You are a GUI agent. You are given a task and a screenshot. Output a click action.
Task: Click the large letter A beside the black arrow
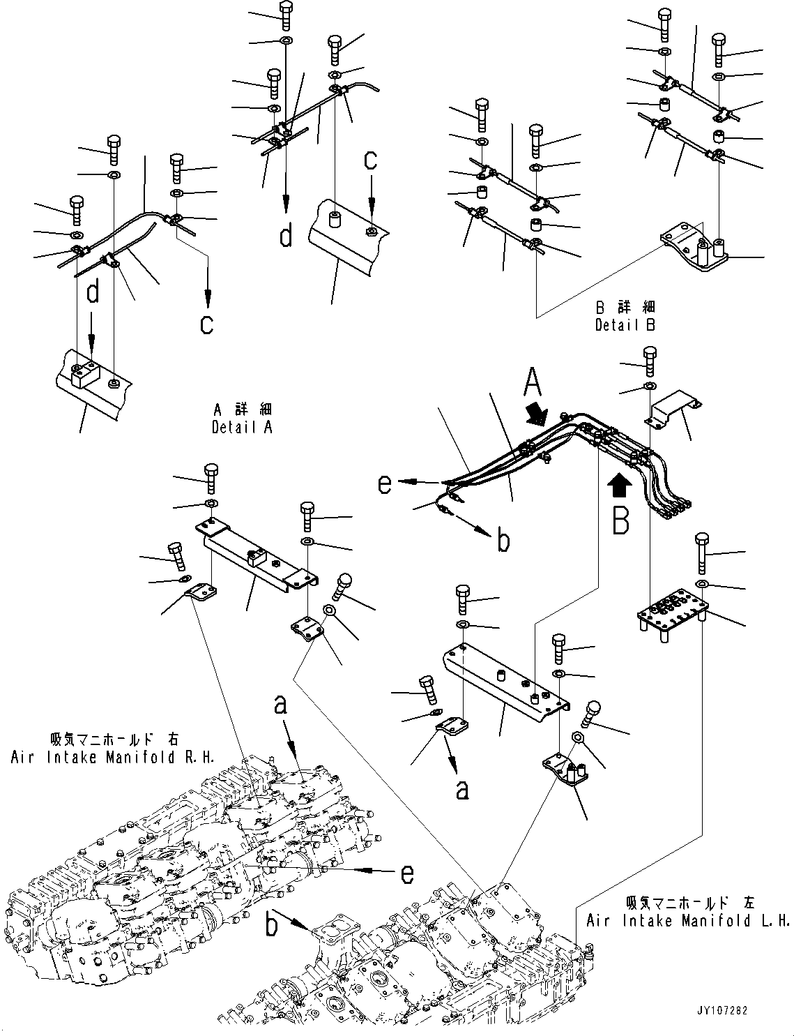533,383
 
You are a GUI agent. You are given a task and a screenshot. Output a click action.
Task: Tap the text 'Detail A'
241,427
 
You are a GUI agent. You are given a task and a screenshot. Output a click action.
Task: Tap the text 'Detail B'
625,324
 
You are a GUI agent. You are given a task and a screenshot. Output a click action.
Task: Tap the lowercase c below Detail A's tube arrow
206,324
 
